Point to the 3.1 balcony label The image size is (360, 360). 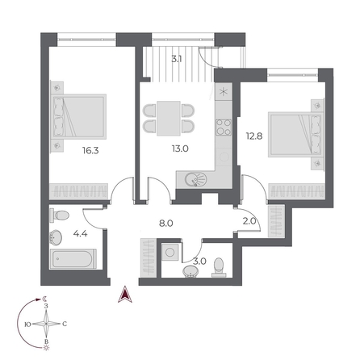[176, 58]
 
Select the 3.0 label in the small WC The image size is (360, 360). [200, 261]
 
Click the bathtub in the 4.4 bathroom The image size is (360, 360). [73, 260]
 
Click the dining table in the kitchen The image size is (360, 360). [170, 119]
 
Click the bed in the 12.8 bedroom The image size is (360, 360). [295, 136]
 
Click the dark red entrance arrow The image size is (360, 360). [123, 295]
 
